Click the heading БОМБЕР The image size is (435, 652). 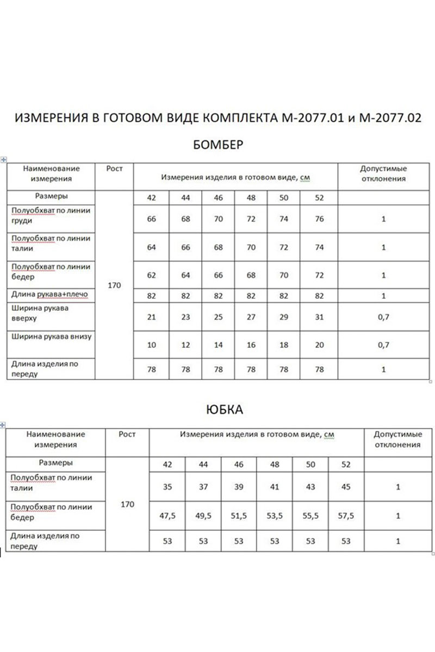tap(217, 145)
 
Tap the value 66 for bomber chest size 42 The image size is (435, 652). tap(152, 219)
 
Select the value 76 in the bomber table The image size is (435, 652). tap(319, 219)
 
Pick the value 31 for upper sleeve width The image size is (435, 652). tap(319, 317)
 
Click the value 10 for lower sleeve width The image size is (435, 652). tap(152, 346)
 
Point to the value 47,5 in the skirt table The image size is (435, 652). tap(167, 516)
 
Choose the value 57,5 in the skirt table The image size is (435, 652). tap(346, 516)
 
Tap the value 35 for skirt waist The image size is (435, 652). tap(167, 487)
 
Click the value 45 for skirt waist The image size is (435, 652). tap(346, 487)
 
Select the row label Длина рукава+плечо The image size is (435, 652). tap(49, 294)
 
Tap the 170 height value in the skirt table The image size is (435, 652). tap(127, 504)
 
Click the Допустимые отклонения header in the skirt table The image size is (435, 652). tap(398, 440)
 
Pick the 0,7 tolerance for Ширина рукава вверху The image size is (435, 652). tap(383, 317)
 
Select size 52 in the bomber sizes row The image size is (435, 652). tap(319, 198)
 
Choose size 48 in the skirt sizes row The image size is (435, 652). tap(275, 465)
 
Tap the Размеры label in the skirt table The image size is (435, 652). tap(56, 463)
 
